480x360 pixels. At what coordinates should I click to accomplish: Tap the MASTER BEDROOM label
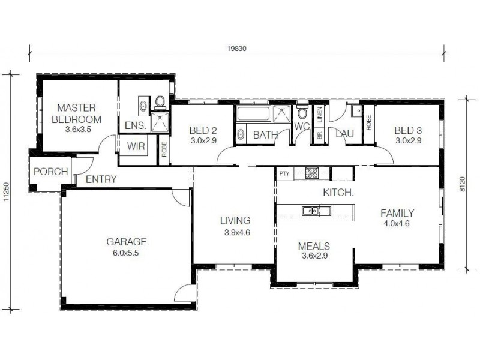tap(77, 113)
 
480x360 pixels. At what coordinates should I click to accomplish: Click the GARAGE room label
tap(127, 242)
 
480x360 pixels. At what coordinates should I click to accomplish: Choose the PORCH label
tap(50, 172)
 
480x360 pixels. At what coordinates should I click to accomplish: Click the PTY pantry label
tap(284, 174)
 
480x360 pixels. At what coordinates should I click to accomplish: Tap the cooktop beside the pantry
tap(311, 173)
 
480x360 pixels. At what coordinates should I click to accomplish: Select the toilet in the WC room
tap(302, 113)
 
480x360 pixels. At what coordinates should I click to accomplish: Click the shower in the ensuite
tap(160, 122)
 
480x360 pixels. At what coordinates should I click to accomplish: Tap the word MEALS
tap(314, 246)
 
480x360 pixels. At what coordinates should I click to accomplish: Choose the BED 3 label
tap(408, 130)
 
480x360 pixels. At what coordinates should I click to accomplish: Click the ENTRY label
tap(101, 179)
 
